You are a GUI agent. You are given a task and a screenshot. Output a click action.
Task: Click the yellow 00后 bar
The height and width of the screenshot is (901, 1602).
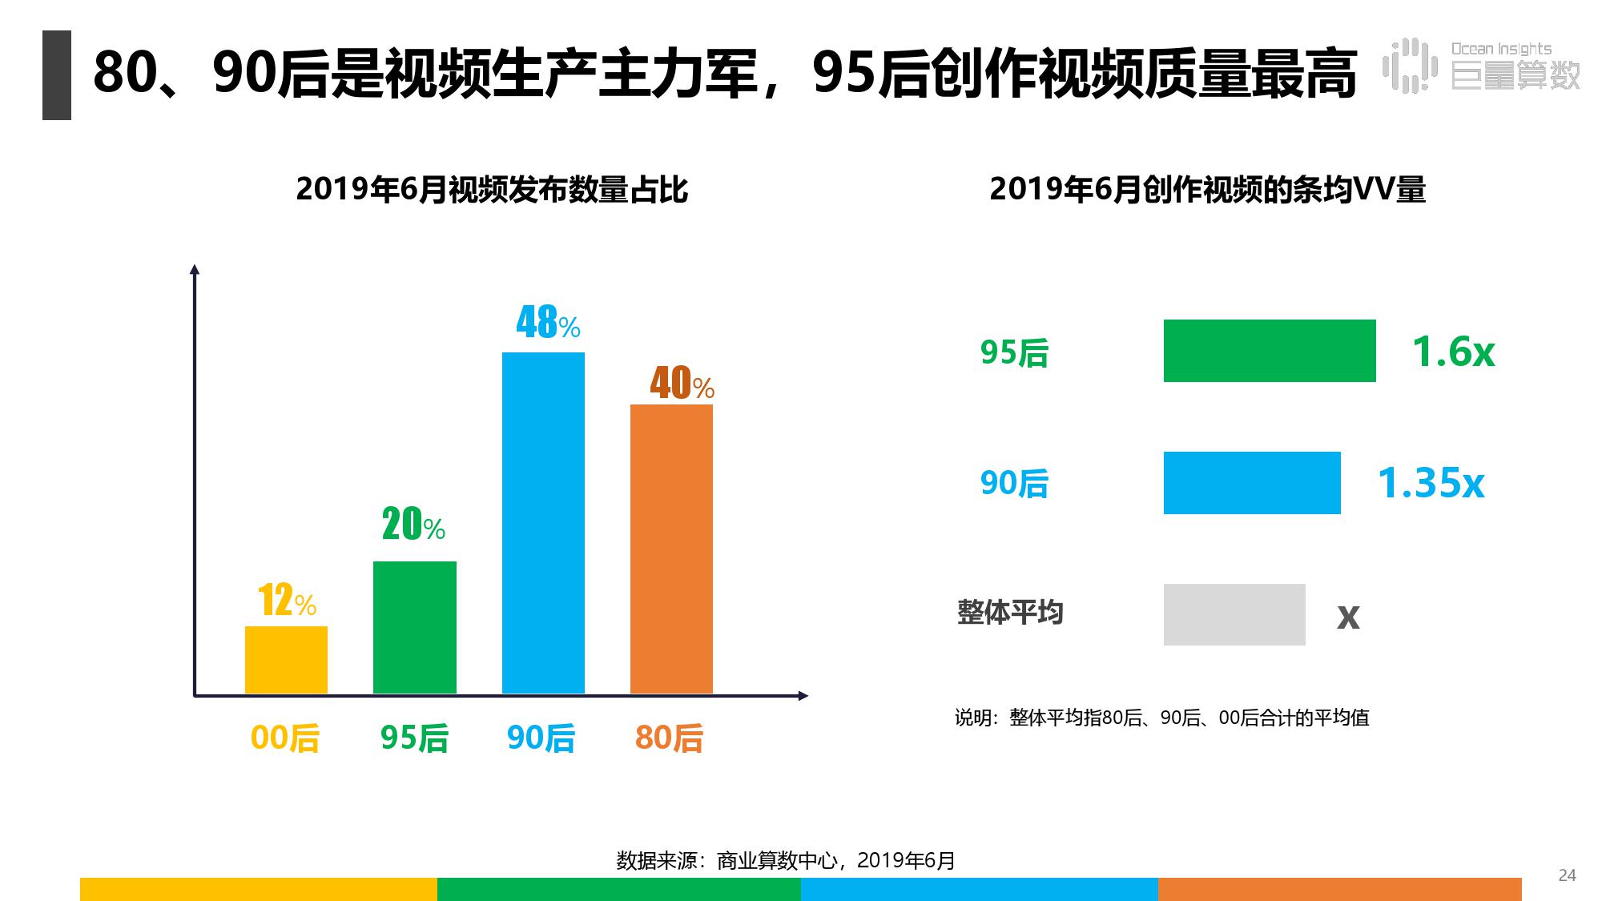coord(286,659)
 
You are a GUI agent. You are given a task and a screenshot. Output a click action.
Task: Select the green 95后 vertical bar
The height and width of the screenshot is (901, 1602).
coord(414,627)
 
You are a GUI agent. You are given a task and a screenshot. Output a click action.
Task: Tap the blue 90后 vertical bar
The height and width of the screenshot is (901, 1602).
coord(543,522)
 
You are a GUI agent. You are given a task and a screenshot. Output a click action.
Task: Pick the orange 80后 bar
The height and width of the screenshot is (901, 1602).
coord(671,549)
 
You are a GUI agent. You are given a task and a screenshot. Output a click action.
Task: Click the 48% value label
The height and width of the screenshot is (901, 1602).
coord(548,323)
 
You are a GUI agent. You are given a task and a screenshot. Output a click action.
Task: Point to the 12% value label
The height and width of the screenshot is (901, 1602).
coord(287,600)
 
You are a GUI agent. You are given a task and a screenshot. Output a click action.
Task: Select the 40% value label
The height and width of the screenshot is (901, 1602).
coord(682,384)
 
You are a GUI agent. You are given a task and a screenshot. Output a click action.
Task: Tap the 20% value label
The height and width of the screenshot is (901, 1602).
coord(413,525)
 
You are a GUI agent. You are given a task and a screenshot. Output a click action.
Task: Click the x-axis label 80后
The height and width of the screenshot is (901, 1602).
coord(669,738)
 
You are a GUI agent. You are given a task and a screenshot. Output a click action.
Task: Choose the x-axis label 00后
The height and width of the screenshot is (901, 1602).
coord(285,738)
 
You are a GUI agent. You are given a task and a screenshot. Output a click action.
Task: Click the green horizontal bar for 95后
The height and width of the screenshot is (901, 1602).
coord(1269,351)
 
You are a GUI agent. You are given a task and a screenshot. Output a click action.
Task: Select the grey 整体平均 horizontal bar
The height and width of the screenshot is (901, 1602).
coord(1234,614)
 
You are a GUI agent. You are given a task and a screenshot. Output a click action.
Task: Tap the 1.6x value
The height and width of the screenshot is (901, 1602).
coord(1452,352)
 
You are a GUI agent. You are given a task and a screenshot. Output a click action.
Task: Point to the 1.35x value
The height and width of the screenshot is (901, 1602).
coord(1431,483)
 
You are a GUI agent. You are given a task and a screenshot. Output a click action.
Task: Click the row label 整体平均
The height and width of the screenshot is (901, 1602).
coord(1010,613)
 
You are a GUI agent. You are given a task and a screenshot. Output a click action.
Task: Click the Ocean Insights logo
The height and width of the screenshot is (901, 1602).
coord(1481,66)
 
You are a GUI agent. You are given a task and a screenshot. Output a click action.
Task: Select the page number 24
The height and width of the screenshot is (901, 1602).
coord(1567,875)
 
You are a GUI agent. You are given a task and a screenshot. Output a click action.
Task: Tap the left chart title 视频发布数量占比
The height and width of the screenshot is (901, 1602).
coord(492,190)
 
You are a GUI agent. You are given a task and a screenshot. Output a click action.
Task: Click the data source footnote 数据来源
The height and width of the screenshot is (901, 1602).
coord(785,860)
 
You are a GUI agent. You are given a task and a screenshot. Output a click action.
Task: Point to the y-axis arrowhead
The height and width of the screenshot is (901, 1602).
coord(194,270)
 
